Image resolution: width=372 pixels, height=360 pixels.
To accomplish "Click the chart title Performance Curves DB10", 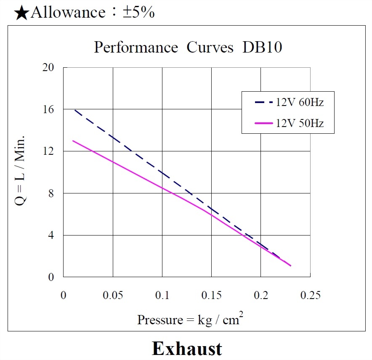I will click(188, 48).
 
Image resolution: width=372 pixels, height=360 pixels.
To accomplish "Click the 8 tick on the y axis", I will click(51, 193).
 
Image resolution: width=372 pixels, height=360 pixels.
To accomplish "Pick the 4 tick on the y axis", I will click(51, 236).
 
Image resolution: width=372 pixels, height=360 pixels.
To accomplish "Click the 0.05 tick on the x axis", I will click(113, 296).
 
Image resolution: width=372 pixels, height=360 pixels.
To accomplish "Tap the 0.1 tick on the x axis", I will click(162, 296).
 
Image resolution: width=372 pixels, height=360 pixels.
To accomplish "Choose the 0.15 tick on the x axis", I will click(211, 296).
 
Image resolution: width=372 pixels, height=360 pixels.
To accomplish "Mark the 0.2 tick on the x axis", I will click(261, 296).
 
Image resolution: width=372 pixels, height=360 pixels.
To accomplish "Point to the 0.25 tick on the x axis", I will click(310, 296).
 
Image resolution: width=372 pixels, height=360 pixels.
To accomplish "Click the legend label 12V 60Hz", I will click(300, 102).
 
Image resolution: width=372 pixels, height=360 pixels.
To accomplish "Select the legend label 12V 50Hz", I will click(300, 123).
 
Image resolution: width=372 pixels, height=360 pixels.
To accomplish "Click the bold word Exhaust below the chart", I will click(186, 349).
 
